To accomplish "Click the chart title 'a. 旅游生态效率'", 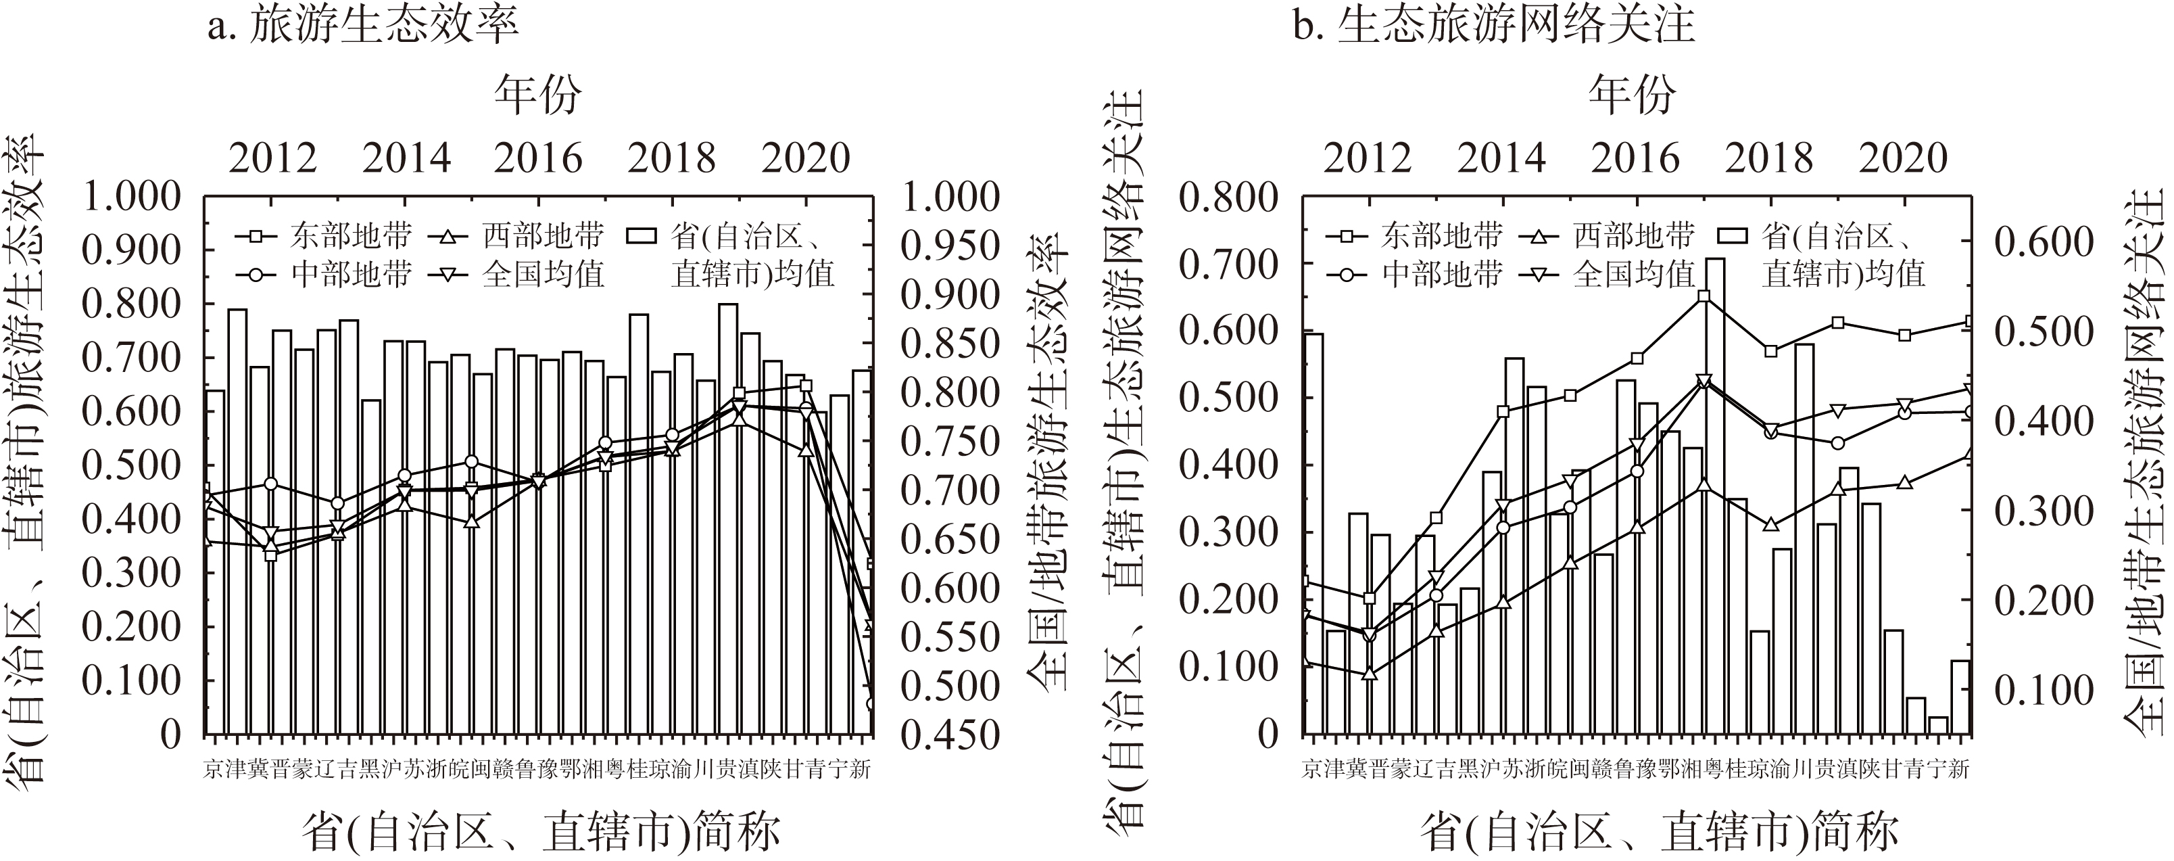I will coord(363,26).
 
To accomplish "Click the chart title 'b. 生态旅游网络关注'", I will coord(1494,26).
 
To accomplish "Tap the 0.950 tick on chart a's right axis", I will coord(950,246).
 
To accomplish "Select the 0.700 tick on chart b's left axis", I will coord(1228,264).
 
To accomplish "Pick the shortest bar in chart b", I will coord(1937,725).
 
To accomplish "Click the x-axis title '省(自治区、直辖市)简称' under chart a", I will coord(540,831).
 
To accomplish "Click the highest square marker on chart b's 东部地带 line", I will coord(1704,296).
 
